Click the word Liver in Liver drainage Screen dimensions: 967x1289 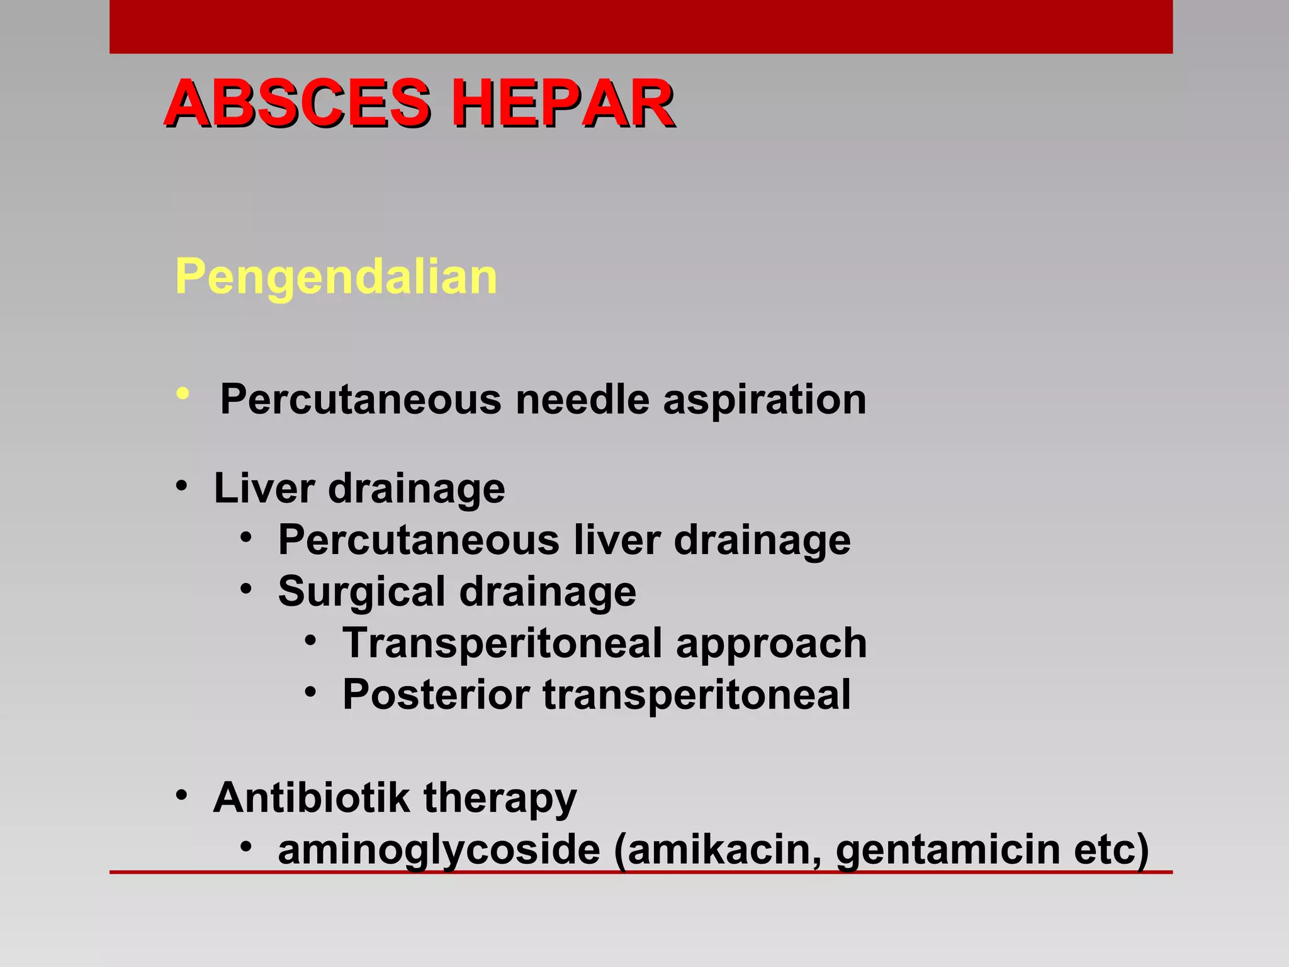(x=264, y=488)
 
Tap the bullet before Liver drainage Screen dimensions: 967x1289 (x=182, y=487)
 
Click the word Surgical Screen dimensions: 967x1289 (x=361, y=592)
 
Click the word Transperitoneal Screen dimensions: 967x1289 (x=502, y=643)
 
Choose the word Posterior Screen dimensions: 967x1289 (x=435, y=694)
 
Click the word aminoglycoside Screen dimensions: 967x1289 (x=439, y=850)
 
